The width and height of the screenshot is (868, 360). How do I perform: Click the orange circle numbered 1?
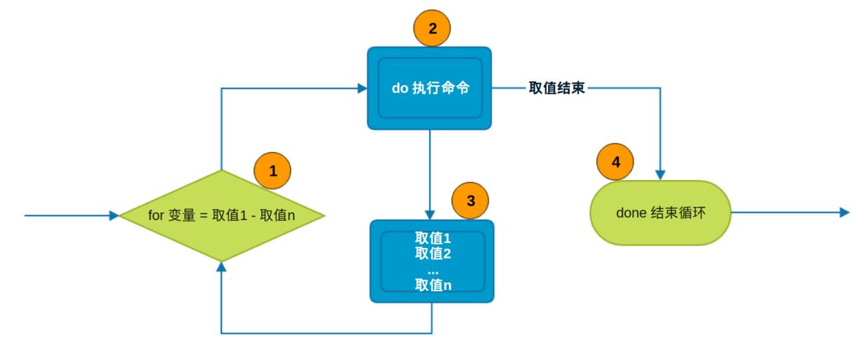coord(272,171)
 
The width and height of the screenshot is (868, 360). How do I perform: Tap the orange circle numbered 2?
coord(432,29)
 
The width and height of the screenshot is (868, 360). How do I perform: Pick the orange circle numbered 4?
coord(615,162)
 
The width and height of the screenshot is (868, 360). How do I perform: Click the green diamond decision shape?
coord(221,216)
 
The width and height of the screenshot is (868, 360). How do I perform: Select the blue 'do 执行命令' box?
coord(429,88)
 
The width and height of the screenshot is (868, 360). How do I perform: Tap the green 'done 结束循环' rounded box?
coord(661,213)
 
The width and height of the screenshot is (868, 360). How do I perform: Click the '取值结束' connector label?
coord(556,88)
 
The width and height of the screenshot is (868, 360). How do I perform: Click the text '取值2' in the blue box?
coord(433,254)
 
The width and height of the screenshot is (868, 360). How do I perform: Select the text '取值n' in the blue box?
coord(433,285)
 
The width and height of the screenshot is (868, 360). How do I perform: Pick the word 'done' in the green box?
coord(631,213)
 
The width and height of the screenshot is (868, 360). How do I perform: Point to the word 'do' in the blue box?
coord(400,89)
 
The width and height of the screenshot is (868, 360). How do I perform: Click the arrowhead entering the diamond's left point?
coord(114,216)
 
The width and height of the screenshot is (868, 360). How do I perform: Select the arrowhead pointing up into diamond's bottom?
coord(221,267)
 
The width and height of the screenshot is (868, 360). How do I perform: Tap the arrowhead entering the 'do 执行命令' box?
coord(362,88)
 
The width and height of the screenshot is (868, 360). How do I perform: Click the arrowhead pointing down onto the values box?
coord(430,214)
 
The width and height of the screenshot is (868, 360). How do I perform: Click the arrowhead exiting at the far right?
coord(844,212)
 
